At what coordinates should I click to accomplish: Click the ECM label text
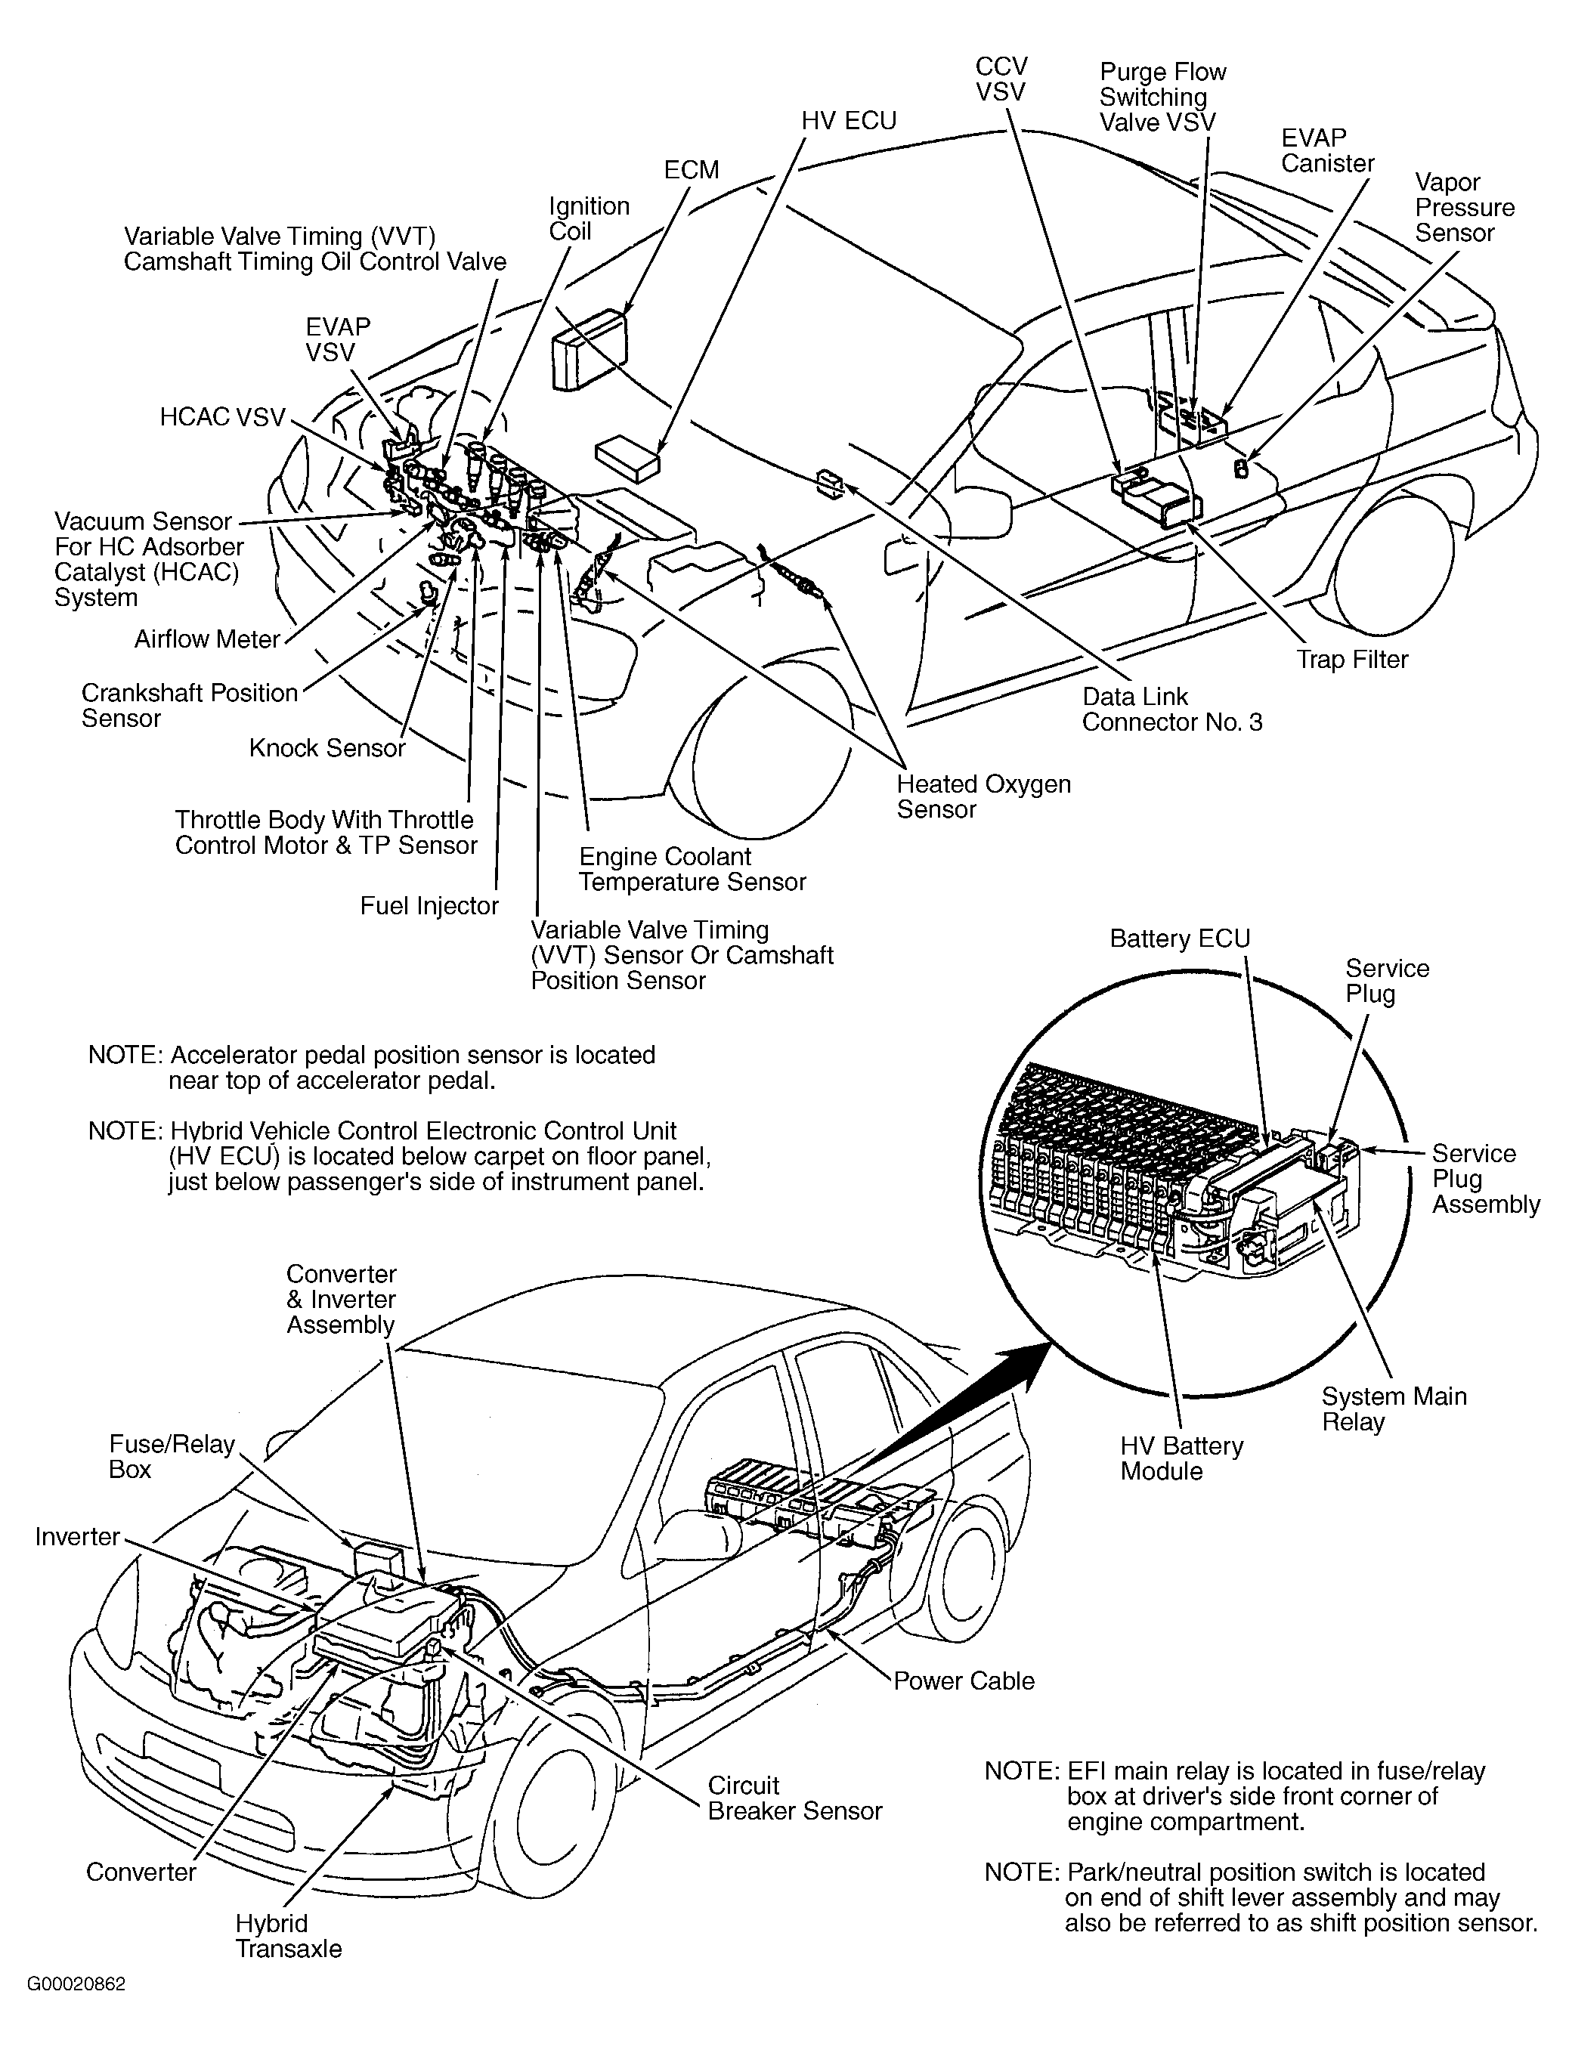(691, 170)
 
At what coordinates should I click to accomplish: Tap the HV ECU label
(848, 120)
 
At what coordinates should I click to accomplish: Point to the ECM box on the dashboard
(588, 348)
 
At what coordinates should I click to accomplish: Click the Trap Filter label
(1351, 660)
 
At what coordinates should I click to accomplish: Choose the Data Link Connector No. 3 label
(1171, 710)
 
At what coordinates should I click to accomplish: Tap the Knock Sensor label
(326, 748)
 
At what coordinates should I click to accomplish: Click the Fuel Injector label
(429, 906)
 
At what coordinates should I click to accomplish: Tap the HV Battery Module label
(1181, 1458)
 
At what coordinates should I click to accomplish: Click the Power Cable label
(964, 1681)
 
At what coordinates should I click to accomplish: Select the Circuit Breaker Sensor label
(794, 1798)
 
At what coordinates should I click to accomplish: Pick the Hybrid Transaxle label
(288, 1937)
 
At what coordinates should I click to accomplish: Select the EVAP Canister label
(1326, 150)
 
